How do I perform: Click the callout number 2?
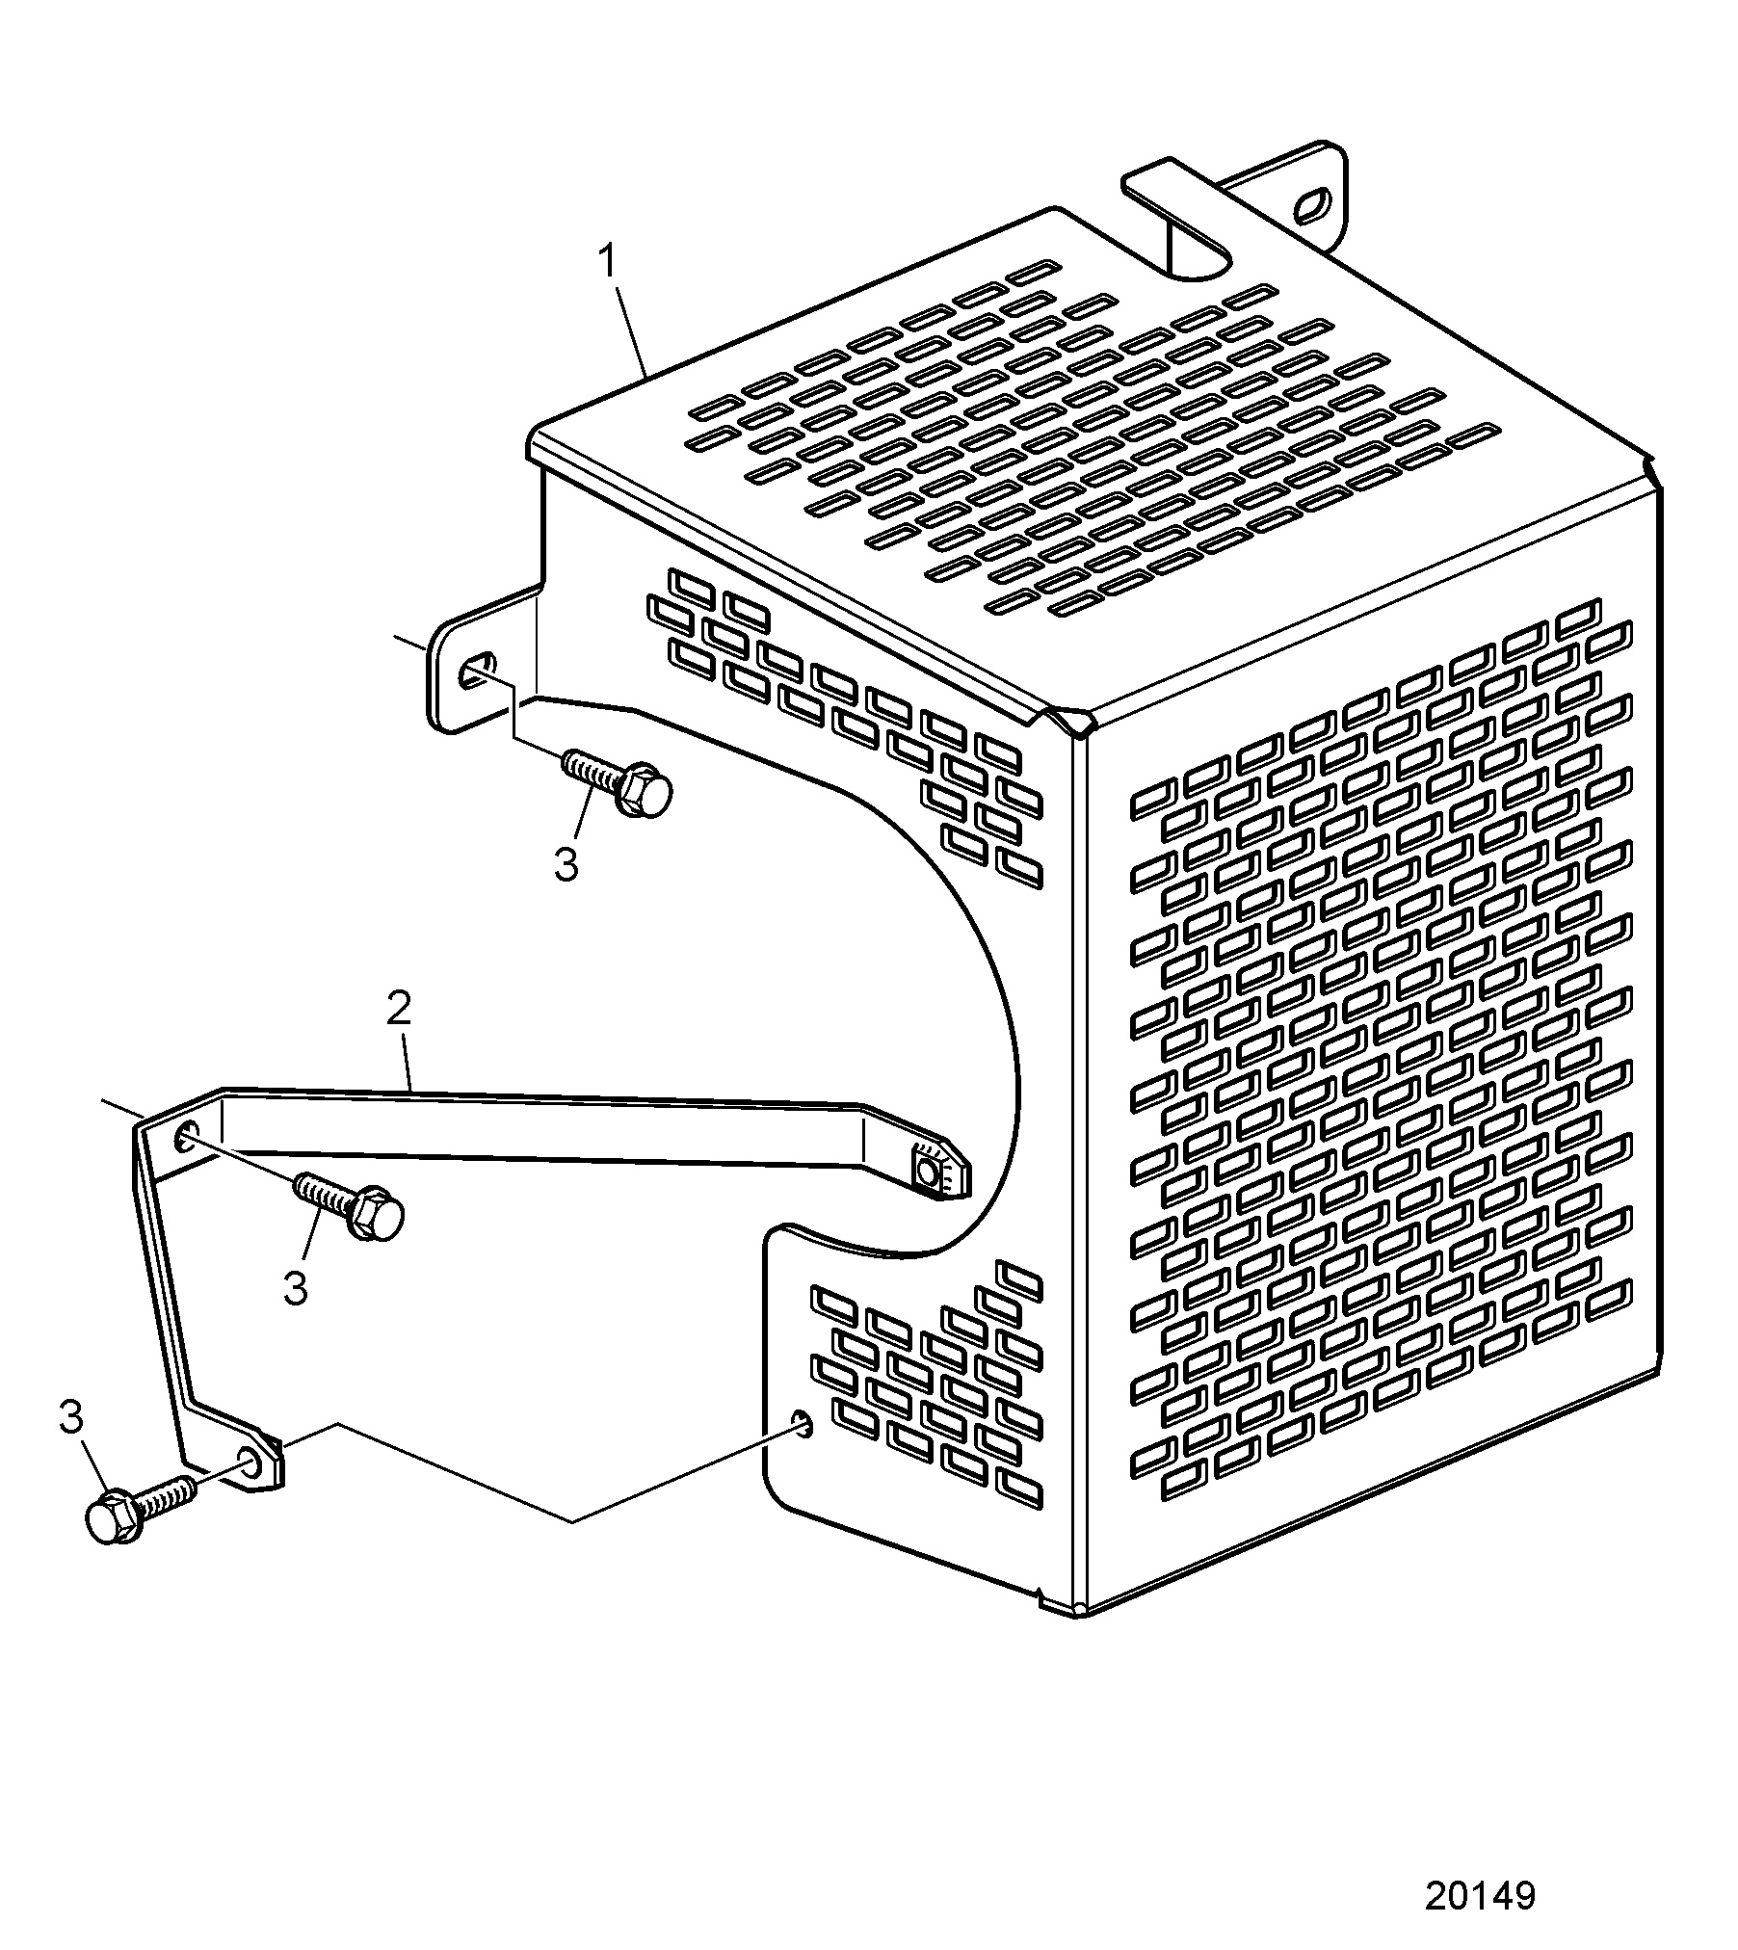[x=399, y=1008]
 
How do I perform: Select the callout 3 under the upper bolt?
[x=566, y=864]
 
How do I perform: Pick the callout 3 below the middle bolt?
[x=296, y=1288]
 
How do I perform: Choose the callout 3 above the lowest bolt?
[x=72, y=1417]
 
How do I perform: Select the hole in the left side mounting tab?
[x=477, y=669]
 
